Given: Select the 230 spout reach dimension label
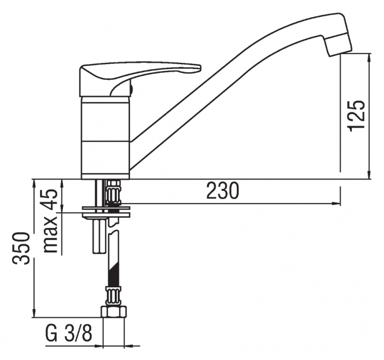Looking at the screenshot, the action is coord(222,191).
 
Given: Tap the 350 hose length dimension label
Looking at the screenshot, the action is coord(22,248).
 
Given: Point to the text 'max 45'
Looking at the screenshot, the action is coord(51,221).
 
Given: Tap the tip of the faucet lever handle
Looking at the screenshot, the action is coord(200,67).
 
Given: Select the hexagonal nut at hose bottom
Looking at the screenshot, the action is coord(114,312).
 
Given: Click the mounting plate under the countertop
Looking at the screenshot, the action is coord(106,212).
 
